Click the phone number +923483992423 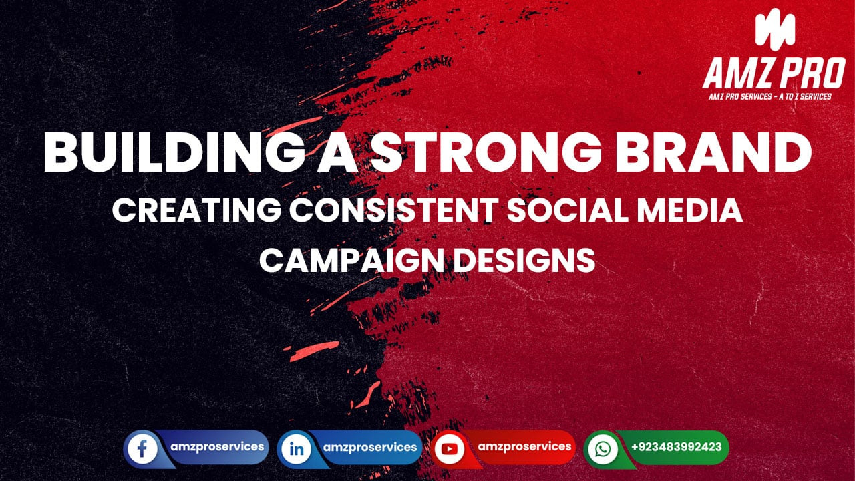(676, 447)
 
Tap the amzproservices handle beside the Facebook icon (216, 446)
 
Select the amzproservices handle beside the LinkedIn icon (369, 447)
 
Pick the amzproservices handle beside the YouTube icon (525, 446)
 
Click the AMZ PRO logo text (774, 73)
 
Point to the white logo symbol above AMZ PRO (775, 30)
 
